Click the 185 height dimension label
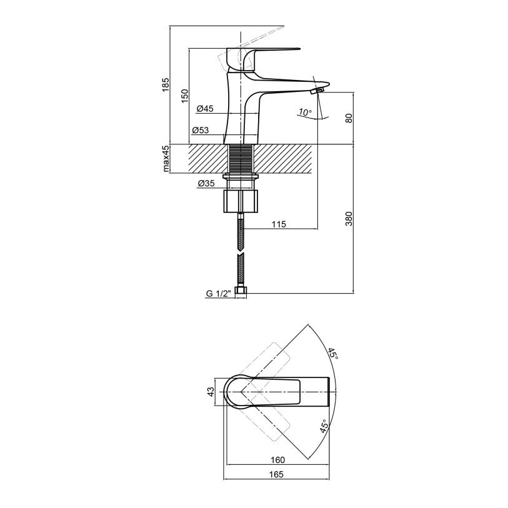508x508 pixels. [x=165, y=84]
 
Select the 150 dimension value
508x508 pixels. [x=184, y=96]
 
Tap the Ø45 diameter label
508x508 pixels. [x=205, y=109]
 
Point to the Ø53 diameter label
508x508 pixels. [x=201, y=130]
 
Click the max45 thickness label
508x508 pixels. [x=166, y=159]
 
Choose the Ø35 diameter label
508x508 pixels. [x=206, y=183]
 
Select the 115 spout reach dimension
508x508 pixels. [x=279, y=224]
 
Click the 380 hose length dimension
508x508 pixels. [x=349, y=219]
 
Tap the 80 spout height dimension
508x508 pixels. [x=349, y=118]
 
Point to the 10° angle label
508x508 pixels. [x=305, y=112]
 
